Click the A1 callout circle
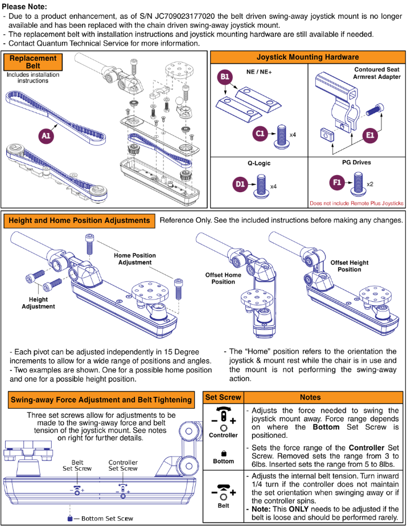47,135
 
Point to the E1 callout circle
370,135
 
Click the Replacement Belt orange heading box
34,62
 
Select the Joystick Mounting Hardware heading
307,57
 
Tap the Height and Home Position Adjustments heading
80,220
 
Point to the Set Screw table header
223,397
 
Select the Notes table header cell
310,397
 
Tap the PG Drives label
356,162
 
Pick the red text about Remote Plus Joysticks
356,203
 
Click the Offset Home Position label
223,279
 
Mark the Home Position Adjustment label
135,259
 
